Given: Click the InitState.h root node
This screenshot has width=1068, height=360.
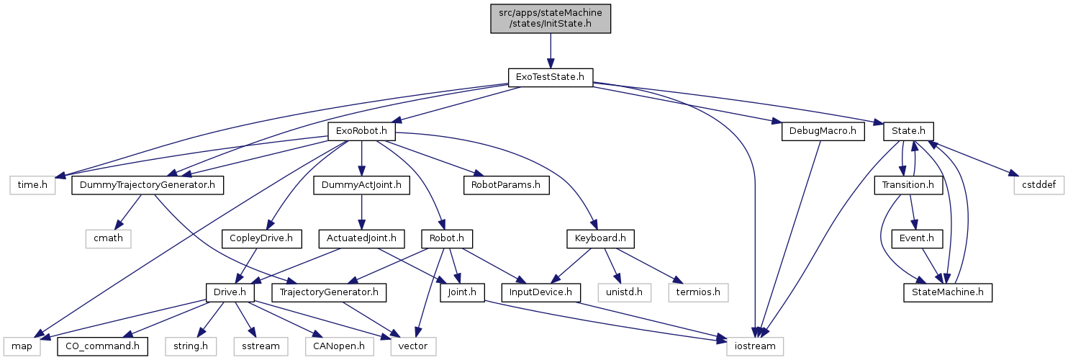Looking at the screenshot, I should (550, 17).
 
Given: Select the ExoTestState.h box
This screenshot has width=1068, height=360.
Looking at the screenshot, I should (550, 77).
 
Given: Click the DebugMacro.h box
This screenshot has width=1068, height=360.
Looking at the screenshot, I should (821, 132).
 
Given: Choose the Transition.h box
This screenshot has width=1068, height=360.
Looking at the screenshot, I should (908, 186).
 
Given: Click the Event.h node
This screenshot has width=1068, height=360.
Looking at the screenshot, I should (913, 238).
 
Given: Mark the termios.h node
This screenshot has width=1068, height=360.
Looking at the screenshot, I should (698, 292).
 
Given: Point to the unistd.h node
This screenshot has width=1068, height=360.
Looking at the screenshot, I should (624, 292).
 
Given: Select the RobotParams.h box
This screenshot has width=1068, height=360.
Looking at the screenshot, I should (505, 186).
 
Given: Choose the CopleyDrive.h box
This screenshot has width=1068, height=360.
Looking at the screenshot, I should (265, 238).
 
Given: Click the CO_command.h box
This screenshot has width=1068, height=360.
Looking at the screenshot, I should (101, 346).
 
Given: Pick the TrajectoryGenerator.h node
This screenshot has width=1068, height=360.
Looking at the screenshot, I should (330, 292).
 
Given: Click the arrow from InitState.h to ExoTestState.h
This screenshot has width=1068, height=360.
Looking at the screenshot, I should (550, 50).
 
